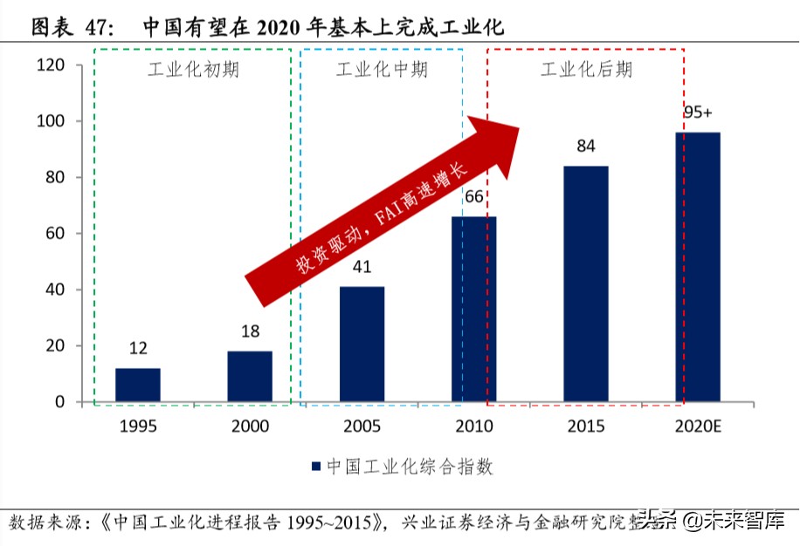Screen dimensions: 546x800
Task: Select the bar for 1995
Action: (x=137, y=385)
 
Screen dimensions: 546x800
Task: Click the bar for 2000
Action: (x=250, y=376)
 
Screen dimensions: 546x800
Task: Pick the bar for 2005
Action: (x=362, y=344)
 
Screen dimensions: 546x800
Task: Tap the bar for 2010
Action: (x=473, y=309)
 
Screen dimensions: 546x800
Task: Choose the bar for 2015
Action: (x=586, y=283)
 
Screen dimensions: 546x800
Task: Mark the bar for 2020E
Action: (x=699, y=267)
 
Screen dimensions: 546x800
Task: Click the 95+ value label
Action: (x=699, y=113)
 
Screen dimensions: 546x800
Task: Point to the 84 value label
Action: (x=586, y=146)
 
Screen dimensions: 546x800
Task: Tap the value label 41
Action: (x=362, y=266)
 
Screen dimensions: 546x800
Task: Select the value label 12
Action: (x=137, y=348)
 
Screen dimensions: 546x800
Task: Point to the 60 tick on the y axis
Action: (x=55, y=234)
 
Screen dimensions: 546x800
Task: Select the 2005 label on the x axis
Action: (x=362, y=427)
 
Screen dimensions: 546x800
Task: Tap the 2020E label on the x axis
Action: (x=699, y=427)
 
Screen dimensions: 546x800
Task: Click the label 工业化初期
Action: (x=192, y=70)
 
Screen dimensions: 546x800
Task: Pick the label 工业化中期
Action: (x=382, y=70)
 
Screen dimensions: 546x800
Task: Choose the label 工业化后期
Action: (x=586, y=70)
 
